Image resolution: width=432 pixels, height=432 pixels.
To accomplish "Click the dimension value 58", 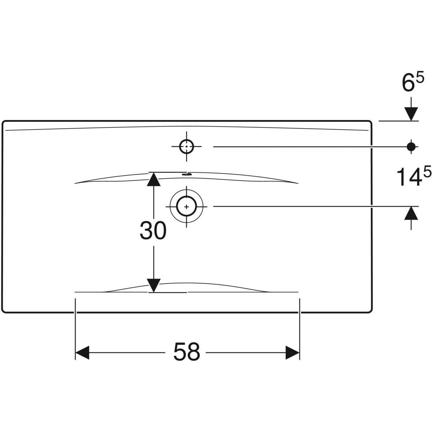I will tap(186, 352).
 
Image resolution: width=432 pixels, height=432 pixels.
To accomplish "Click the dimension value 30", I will tap(153, 231).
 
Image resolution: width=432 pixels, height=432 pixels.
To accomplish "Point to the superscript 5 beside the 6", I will tap(420, 77).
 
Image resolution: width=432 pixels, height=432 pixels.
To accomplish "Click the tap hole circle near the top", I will tap(186, 147).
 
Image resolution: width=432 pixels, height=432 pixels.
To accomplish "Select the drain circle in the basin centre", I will tap(186, 207).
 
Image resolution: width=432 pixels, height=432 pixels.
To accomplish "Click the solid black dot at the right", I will tap(411, 146).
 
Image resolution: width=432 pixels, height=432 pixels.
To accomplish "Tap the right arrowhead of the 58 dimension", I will tap(292, 352).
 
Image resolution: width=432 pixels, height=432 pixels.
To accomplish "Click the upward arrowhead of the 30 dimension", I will tap(154, 179).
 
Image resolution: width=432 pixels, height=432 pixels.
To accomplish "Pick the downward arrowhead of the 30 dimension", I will tap(154, 285).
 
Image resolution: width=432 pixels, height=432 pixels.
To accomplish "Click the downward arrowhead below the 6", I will tap(411, 114).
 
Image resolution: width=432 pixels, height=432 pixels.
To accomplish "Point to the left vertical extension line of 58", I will tap(75, 324).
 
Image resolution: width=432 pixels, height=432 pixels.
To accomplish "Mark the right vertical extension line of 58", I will tap(300, 324).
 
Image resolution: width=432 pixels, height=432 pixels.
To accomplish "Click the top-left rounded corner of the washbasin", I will tap(4, 123).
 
